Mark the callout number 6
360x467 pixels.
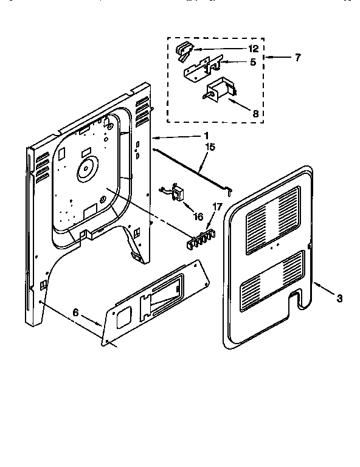pos(75,311)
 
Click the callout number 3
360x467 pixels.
pos(339,298)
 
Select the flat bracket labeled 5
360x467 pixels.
pos(201,69)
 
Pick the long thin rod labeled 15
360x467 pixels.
pos(189,169)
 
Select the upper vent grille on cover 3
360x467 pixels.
pos(271,220)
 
